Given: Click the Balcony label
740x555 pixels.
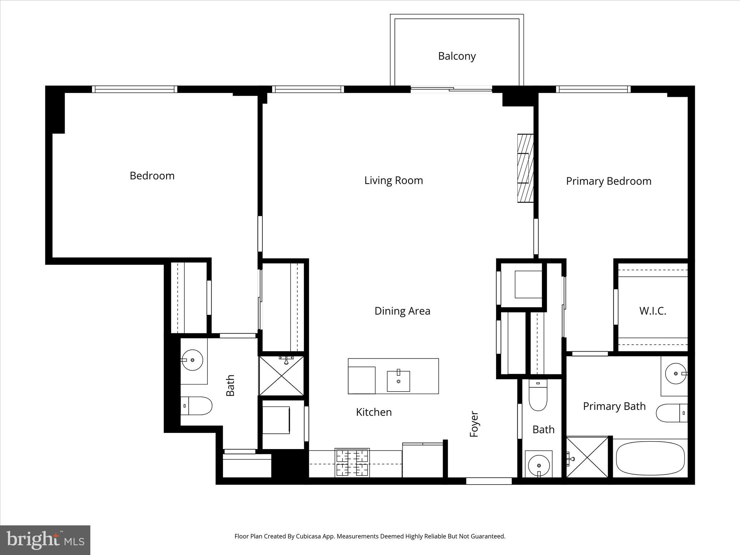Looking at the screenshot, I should pyautogui.click(x=457, y=56).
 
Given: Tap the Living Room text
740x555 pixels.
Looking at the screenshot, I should pyautogui.click(x=393, y=180).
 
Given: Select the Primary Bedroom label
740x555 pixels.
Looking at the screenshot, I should pyautogui.click(x=608, y=181).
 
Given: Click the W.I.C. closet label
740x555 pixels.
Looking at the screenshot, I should pyautogui.click(x=653, y=311).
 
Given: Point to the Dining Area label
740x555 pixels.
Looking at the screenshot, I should pyautogui.click(x=402, y=311).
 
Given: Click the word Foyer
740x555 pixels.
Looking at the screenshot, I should pyautogui.click(x=474, y=424).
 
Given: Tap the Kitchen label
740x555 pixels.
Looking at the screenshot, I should pyautogui.click(x=374, y=412).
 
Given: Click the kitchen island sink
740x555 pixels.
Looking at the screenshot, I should pyautogui.click(x=398, y=381).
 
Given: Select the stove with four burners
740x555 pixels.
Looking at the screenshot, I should pyautogui.click(x=352, y=462).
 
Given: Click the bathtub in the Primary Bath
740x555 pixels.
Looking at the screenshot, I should pyautogui.click(x=650, y=460).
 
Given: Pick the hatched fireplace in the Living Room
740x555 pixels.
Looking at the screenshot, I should pyautogui.click(x=525, y=168).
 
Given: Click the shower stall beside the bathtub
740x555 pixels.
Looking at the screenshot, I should pyautogui.click(x=587, y=457).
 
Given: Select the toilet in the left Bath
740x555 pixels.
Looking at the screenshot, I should pyautogui.click(x=196, y=406).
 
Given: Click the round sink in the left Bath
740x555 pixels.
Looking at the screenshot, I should pyautogui.click(x=192, y=360).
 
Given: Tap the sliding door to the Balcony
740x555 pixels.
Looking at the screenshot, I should pyautogui.click(x=451, y=89).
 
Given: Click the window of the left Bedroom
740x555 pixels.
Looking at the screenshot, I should pyautogui.click(x=134, y=89).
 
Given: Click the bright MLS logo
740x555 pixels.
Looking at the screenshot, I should pyautogui.click(x=45, y=540).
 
